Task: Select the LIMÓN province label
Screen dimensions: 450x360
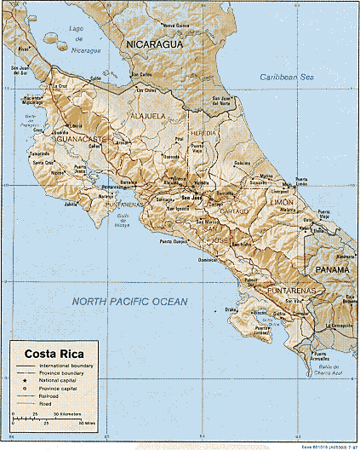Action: pyautogui.click(x=281, y=202)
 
